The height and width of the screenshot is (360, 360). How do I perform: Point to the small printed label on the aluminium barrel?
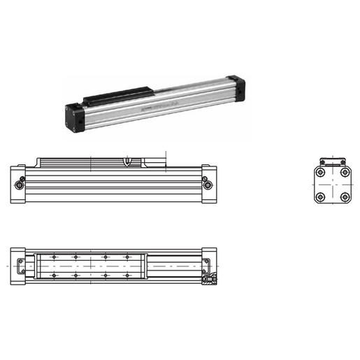[x=148, y=109]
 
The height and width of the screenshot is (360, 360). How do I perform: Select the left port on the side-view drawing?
[x=19, y=184]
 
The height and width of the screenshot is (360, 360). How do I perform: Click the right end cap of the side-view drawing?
[x=208, y=184]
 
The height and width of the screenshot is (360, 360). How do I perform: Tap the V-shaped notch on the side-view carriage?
[x=127, y=162]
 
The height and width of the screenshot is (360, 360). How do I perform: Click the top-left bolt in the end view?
[x=319, y=172]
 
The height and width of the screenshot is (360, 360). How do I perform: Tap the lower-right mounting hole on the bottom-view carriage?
[x=127, y=276]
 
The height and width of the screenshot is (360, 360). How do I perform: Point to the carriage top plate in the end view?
[x=331, y=161]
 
